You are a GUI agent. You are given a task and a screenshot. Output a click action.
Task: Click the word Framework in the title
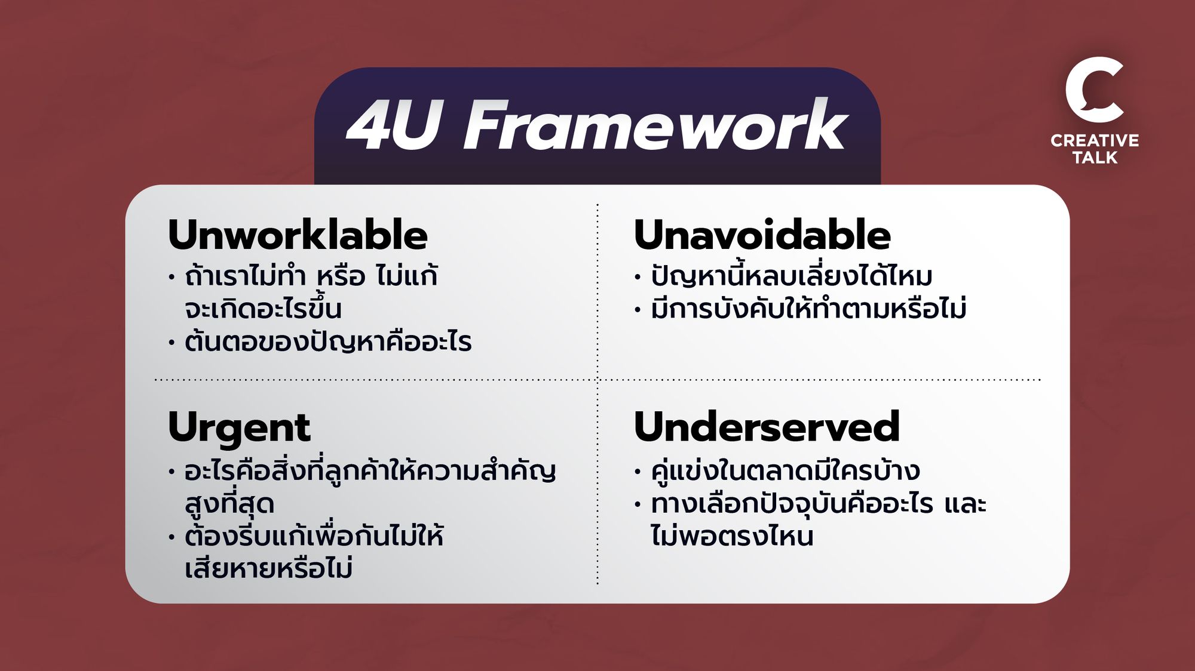pyautogui.click(x=655, y=125)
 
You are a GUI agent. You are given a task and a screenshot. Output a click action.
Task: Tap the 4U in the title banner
pyautogui.click(x=394, y=125)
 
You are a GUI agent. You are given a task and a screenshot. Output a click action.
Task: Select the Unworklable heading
pyautogui.click(x=298, y=235)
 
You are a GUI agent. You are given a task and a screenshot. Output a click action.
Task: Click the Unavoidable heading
pyautogui.click(x=762, y=235)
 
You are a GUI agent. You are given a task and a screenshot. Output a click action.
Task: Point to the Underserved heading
pyautogui.click(x=767, y=426)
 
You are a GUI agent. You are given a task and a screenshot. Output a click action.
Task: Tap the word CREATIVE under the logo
pyautogui.click(x=1095, y=140)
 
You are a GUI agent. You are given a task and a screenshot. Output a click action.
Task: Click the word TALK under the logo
pyautogui.click(x=1095, y=158)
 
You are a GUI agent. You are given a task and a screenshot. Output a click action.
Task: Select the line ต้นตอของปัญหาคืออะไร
pyautogui.click(x=328, y=341)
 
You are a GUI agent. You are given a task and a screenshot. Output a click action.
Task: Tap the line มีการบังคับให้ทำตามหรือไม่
pyautogui.click(x=808, y=308)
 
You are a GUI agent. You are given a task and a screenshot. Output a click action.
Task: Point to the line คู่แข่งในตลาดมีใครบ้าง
pyautogui.click(x=785, y=470)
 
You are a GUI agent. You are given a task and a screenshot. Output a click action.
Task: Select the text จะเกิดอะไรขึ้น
pyautogui.click(x=263, y=307)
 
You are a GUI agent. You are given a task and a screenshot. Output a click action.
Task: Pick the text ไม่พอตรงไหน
pyautogui.click(x=732, y=535)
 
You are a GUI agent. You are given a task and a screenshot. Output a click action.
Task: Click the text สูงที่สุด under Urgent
pyautogui.click(x=229, y=503)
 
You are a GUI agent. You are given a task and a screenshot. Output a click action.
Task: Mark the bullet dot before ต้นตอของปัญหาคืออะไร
pyautogui.click(x=171, y=343)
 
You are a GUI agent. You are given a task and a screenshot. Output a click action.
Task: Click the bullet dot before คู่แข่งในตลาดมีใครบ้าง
pyautogui.click(x=638, y=472)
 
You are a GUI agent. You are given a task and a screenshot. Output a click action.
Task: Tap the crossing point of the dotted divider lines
pyautogui.click(x=597, y=379)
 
